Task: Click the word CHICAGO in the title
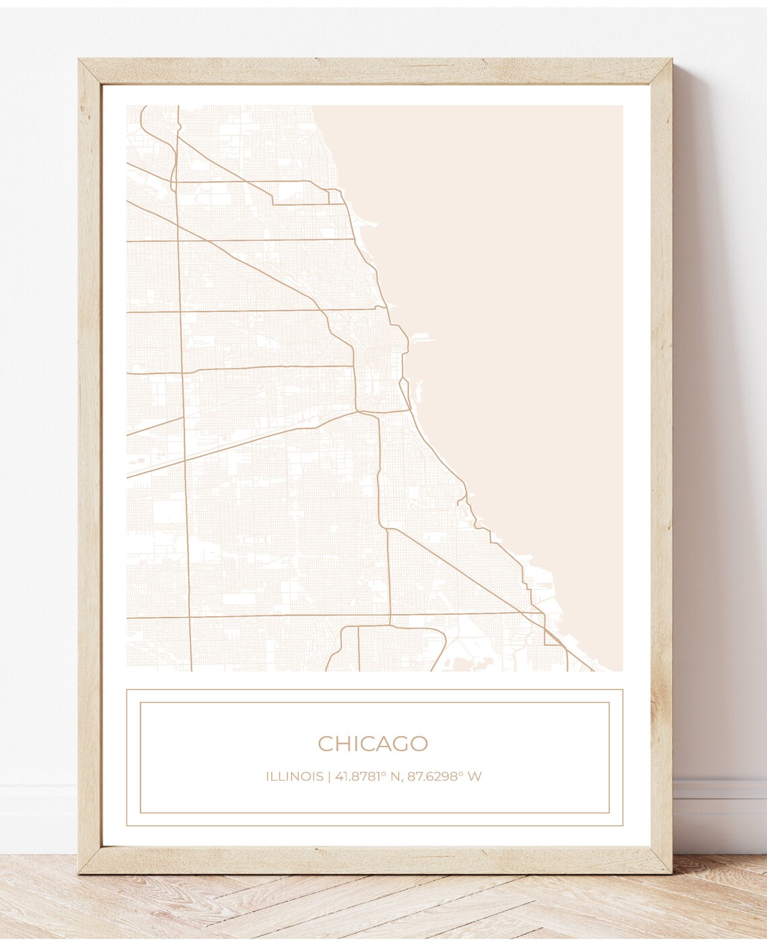(373, 743)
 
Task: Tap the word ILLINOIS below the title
(294, 776)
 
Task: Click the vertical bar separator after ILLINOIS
(329, 776)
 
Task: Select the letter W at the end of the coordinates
(475, 776)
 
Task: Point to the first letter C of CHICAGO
(325, 743)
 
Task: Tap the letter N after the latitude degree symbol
(392, 776)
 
